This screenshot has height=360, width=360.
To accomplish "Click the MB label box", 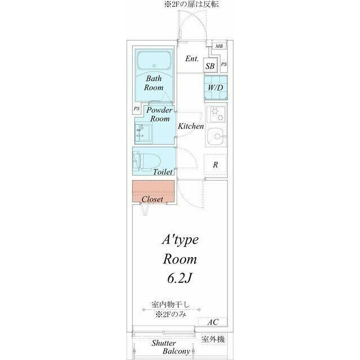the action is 219,46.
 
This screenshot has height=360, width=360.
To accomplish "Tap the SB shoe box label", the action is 210,66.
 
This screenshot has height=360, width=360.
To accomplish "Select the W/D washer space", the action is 216,88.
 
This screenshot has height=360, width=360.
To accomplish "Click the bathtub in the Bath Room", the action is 154,60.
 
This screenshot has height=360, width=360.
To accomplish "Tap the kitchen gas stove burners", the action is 216,114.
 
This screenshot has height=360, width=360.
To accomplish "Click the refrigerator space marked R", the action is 215,165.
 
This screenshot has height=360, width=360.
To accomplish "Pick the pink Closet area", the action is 153,191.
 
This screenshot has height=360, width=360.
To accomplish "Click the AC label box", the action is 213,322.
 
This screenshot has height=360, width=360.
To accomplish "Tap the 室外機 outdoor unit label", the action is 213,339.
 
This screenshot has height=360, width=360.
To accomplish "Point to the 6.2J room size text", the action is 179,278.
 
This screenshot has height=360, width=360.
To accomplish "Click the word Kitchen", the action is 191,126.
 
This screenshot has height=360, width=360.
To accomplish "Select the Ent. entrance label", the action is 192,58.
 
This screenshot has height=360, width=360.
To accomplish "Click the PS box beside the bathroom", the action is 137,109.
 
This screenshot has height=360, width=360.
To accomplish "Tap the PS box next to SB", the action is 224,64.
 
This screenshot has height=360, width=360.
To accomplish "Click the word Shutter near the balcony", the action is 164,343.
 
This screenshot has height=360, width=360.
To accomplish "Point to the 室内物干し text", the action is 171,305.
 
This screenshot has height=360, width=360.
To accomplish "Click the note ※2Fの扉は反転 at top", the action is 191,4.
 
